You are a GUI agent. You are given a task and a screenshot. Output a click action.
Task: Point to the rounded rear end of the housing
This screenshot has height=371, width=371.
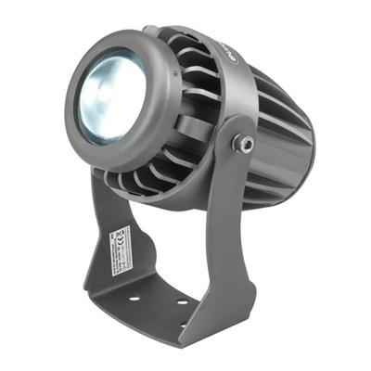point(295,139)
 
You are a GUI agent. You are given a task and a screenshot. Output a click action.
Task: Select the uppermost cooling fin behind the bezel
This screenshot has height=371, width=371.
point(172,35)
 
